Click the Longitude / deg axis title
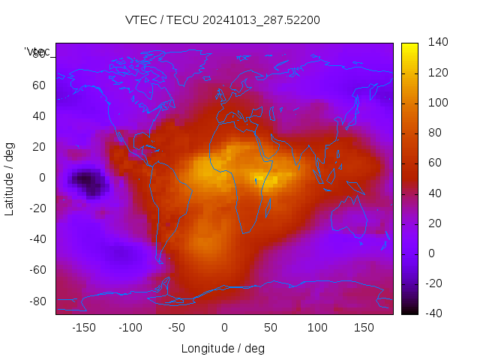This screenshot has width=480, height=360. (x=223, y=348)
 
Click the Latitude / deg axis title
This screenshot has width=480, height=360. (x=10, y=178)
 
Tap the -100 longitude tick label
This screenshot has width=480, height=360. (x=130, y=327)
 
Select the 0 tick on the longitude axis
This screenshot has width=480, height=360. (x=223, y=327)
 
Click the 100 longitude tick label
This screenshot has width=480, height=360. (x=317, y=327)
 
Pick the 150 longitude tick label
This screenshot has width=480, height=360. (x=364, y=327)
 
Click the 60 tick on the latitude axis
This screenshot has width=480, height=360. (x=38, y=85)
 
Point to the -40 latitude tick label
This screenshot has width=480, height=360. (x=35, y=239)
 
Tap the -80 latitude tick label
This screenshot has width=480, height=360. (x=35, y=301)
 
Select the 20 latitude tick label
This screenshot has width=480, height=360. (x=38, y=147)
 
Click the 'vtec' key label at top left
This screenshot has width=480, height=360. (x=37, y=52)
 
